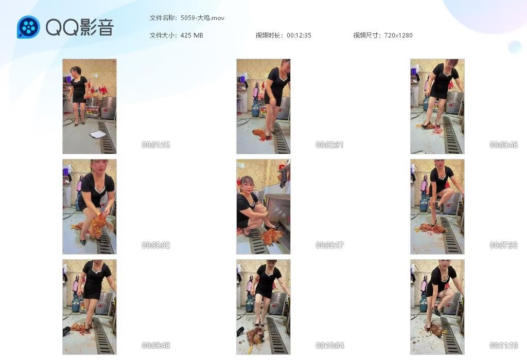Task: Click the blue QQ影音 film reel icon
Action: [x=28, y=27]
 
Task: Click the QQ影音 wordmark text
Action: [x=80, y=27]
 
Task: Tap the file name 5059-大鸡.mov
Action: [x=202, y=18]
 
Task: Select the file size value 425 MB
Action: [x=191, y=35]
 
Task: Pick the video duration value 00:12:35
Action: [x=299, y=35]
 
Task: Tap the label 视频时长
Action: [x=269, y=35]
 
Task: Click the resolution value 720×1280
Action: [x=398, y=35]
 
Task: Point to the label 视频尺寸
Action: [x=366, y=35]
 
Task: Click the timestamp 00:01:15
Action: [x=155, y=145]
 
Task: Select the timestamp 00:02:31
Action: [x=329, y=145]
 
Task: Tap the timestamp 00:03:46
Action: [x=503, y=145]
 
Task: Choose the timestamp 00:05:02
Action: [x=155, y=245]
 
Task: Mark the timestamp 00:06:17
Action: [x=329, y=245]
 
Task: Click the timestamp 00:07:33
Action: [x=503, y=245]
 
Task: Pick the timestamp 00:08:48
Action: [x=155, y=345]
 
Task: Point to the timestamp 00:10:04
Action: [x=329, y=345]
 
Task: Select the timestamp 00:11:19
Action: [x=503, y=345]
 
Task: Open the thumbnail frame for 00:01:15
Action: [x=90, y=106]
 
